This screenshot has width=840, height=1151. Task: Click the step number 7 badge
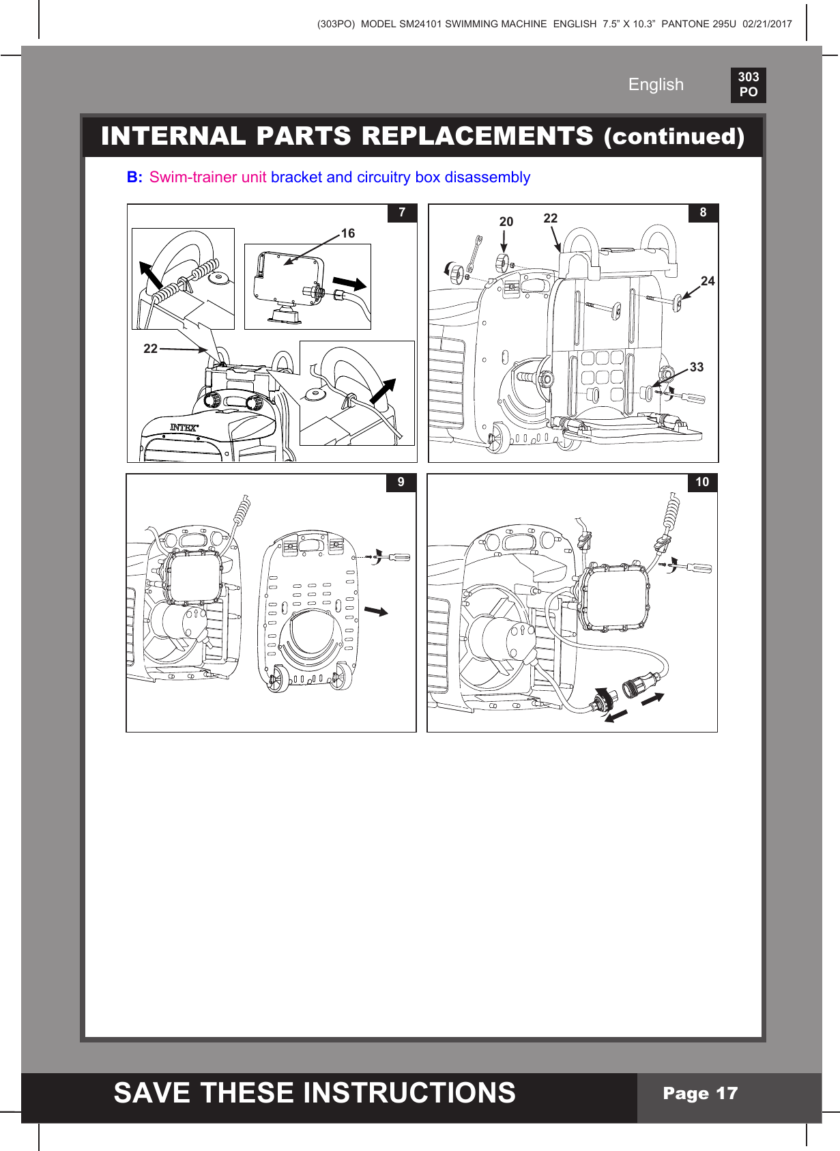click(x=402, y=212)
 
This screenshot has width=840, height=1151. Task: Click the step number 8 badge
click(x=703, y=212)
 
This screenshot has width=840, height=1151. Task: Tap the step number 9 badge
click(x=401, y=482)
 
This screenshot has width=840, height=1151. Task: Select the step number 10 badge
click(x=702, y=482)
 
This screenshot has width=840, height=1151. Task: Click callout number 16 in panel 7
click(x=348, y=233)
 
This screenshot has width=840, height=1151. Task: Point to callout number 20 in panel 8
click(x=506, y=222)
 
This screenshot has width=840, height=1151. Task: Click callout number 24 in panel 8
click(x=708, y=281)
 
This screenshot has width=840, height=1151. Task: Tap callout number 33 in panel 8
click(x=696, y=367)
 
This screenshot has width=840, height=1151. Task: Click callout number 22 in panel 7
click(x=150, y=349)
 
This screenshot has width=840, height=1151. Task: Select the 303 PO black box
click(x=748, y=85)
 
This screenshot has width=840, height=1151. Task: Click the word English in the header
click(x=656, y=85)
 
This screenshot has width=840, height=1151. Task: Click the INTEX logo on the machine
click(x=184, y=427)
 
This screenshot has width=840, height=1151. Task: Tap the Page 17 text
click(x=700, y=1094)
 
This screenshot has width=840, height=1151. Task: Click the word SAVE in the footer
click(x=151, y=1093)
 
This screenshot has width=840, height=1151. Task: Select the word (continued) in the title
click(x=674, y=137)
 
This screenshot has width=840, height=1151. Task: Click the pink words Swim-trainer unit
click(x=207, y=177)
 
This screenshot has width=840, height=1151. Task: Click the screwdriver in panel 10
click(x=696, y=567)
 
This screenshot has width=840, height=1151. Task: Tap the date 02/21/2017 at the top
click(x=767, y=24)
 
